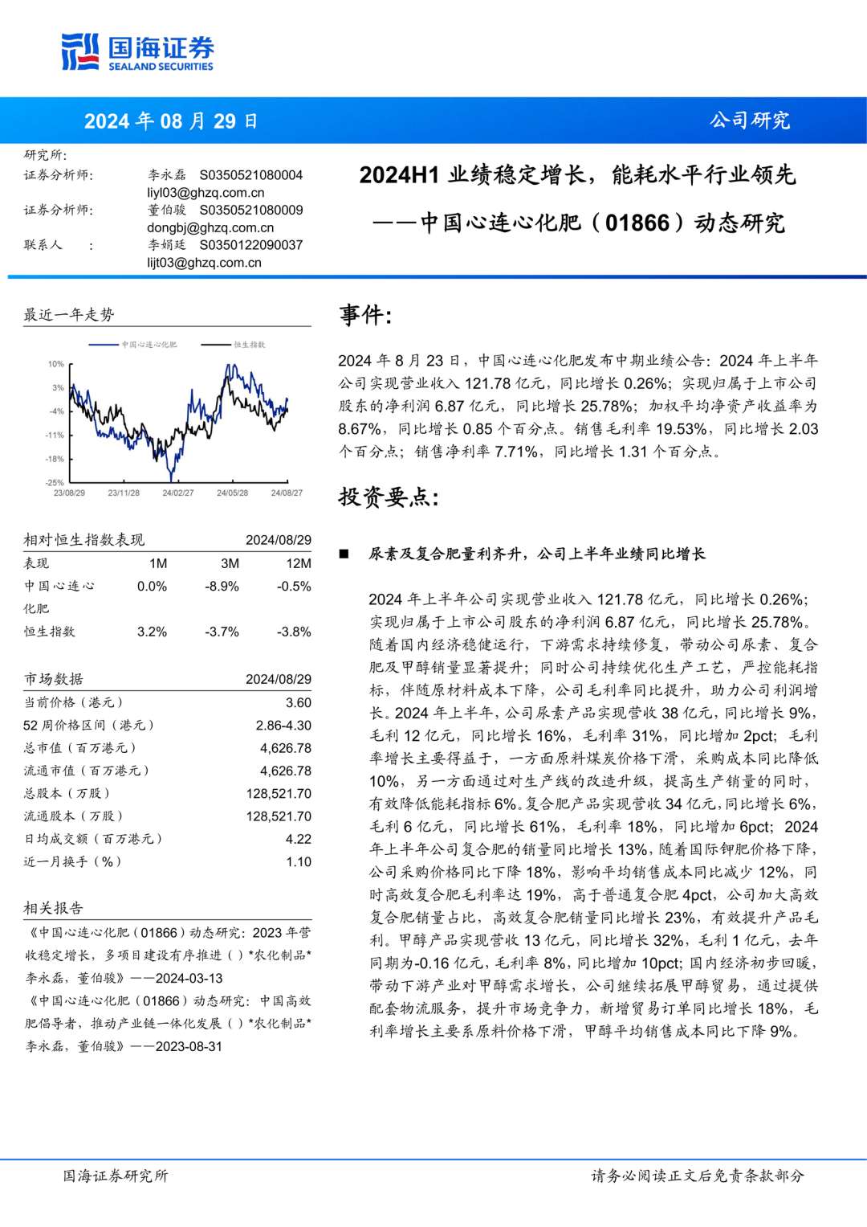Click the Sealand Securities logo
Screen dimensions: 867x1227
click(x=137, y=52)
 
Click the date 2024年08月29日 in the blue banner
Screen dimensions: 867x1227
click(x=171, y=121)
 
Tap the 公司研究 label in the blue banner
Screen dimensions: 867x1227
click(x=749, y=121)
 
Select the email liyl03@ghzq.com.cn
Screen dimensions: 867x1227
click(x=206, y=193)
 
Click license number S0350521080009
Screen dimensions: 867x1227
click(x=251, y=210)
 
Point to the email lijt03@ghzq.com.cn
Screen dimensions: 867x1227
click(x=204, y=263)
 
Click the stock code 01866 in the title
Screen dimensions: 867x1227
click(x=637, y=223)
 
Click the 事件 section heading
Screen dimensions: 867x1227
click(x=365, y=315)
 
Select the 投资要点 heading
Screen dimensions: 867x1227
click(x=389, y=497)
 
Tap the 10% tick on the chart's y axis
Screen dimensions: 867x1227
click(x=55, y=364)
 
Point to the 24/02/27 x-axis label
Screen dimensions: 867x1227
click(x=177, y=493)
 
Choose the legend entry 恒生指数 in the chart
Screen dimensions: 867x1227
click(x=249, y=345)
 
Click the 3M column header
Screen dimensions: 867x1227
click(x=230, y=563)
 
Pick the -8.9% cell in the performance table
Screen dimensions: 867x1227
click(x=222, y=587)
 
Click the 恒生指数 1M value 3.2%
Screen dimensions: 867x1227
click(x=152, y=632)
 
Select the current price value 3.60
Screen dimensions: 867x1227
click(x=298, y=702)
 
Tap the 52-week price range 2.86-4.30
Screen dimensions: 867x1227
click(x=283, y=725)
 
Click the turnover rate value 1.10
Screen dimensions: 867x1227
click(x=298, y=861)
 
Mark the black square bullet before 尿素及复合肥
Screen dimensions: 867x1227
click(x=344, y=554)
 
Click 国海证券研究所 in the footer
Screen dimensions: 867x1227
click(x=116, y=1176)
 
